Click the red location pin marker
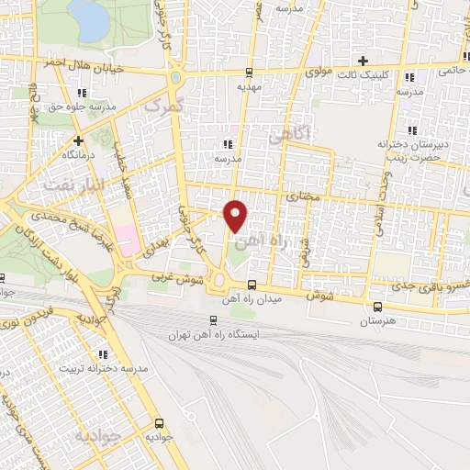236,216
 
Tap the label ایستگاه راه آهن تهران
214,335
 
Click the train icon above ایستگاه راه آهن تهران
214,321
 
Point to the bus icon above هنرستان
378,308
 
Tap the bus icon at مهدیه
250,73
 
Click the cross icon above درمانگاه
78,141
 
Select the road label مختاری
302,196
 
